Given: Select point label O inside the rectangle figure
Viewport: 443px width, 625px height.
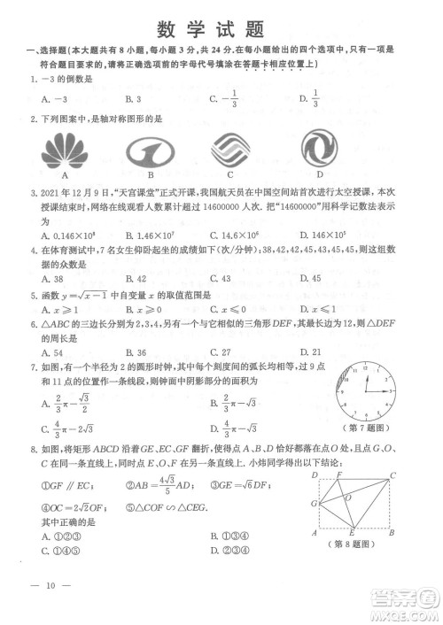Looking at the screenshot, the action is click(348, 497).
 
